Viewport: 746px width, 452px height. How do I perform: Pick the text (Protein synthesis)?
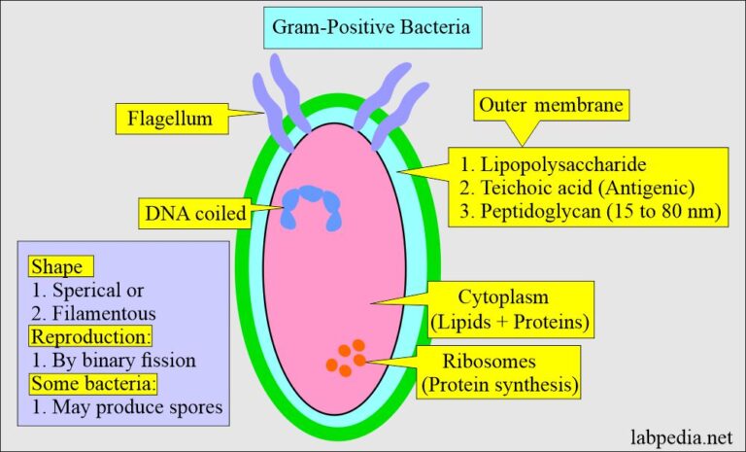coord(499,385)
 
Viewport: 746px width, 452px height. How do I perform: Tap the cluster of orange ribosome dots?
coord(346,358)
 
